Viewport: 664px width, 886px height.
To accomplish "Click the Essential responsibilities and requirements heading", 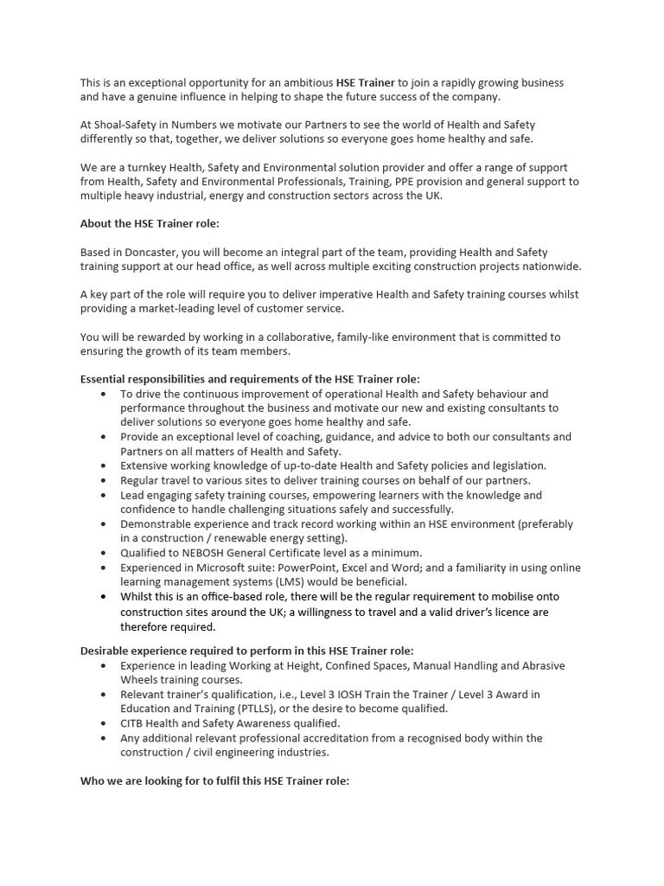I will (250, 379).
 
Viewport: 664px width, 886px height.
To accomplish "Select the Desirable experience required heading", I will (246, 651).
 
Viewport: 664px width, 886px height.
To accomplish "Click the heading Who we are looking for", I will (214, 780).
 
